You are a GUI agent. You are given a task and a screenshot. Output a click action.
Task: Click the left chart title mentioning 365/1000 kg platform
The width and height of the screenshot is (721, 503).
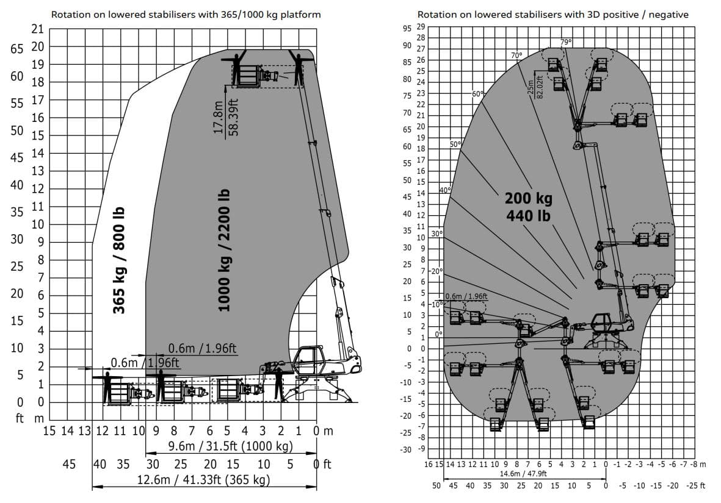click(186, 14)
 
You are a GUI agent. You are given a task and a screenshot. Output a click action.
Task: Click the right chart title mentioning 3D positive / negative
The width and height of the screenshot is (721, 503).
click(553, 14)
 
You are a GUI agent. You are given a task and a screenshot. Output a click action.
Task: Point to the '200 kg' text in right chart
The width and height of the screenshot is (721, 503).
click(528, 198)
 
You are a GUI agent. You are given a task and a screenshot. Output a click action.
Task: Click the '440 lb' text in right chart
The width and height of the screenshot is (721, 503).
click(528, 215)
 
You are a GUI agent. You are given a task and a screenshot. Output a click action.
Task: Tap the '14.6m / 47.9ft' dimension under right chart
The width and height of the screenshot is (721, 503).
click(523, 474)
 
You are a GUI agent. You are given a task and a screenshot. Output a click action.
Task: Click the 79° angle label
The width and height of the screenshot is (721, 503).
click(565, 42)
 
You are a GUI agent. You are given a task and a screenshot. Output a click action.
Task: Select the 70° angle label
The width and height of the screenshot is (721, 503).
click(516, 55)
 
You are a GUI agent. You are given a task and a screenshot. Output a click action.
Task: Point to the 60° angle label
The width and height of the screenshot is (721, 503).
click(477, 94)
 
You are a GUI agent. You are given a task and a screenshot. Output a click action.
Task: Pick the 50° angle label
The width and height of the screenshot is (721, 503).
click(455, 144)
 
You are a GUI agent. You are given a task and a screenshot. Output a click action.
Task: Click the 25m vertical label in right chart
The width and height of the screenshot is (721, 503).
click(531, 88)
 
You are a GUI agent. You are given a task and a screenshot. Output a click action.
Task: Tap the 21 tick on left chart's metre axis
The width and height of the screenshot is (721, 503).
click(38, 29)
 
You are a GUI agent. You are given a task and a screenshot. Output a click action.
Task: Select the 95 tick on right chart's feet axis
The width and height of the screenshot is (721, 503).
click(407, 29)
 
